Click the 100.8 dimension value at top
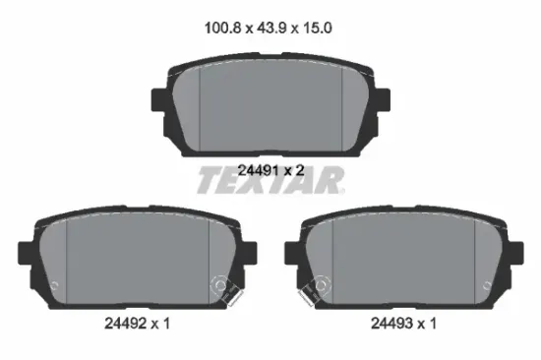click(x=222, y=28)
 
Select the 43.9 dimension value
click(x=271, y=28)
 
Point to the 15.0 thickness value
click(x=318, y=28)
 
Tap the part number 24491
click(x=258, y=170)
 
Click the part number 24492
click(x=125, y=324)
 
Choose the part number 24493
click(x=391, y=324)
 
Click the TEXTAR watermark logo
click(x=270, y=180)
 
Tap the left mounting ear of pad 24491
click(x=159, y=100)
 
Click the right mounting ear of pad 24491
click(x=383, y=100)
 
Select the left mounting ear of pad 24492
click(x=26, y=254)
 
